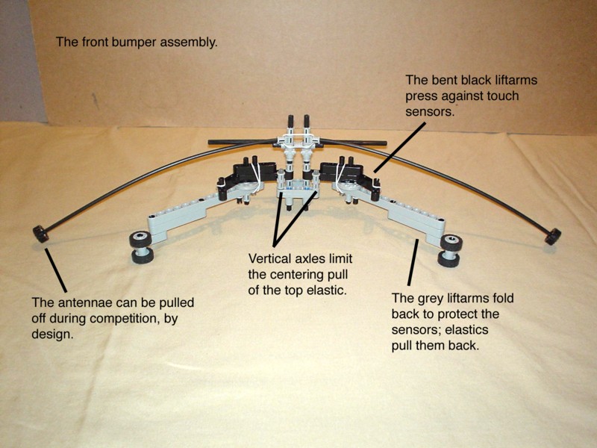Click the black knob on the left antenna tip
coord(40,234)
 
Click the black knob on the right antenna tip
coord(553,236)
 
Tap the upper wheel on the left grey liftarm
coord(140,239)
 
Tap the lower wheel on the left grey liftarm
coord(143,255)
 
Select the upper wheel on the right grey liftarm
coord(451,243)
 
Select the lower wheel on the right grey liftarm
coord(449,259)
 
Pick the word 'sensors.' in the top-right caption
coord(430,111)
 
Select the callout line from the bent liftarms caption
coord(400,146)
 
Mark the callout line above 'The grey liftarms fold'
coord(413,262)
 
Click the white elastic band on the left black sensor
coord(256,177)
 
